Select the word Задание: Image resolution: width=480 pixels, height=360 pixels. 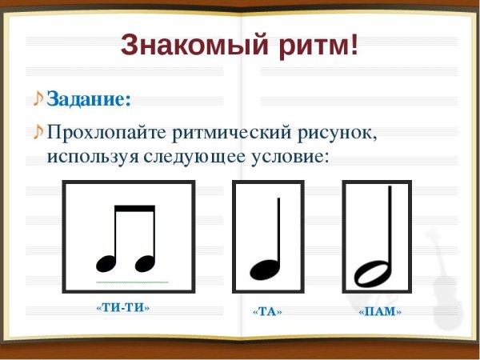(88, 99)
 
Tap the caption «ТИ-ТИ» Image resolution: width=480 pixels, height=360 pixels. (122, 307)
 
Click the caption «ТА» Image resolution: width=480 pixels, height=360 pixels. (267, 311)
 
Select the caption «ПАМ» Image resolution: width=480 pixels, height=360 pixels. (379, 311)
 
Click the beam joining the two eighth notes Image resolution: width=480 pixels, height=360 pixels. (134, 210)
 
